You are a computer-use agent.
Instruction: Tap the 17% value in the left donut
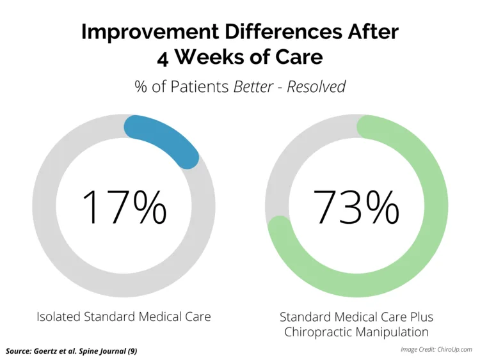(x=124, y=207)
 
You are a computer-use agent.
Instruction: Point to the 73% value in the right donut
(x=356, y=207)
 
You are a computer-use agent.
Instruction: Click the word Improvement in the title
(x=150, y=32)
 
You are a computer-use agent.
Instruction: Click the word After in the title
(x=373, y=31)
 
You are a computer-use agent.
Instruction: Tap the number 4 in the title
(x=163, y=58)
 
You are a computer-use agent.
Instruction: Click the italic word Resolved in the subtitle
(x=316, y=86)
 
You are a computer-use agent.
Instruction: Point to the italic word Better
(x=253, y=86)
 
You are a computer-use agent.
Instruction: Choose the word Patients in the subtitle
(x=200, y=86)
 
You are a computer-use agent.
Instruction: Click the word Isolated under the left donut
(x=58, y=317)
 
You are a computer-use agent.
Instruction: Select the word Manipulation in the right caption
(x=390, y=332)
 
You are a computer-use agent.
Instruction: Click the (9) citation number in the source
(x=132, y=351)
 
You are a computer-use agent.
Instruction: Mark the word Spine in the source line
(x=88, y=351)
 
